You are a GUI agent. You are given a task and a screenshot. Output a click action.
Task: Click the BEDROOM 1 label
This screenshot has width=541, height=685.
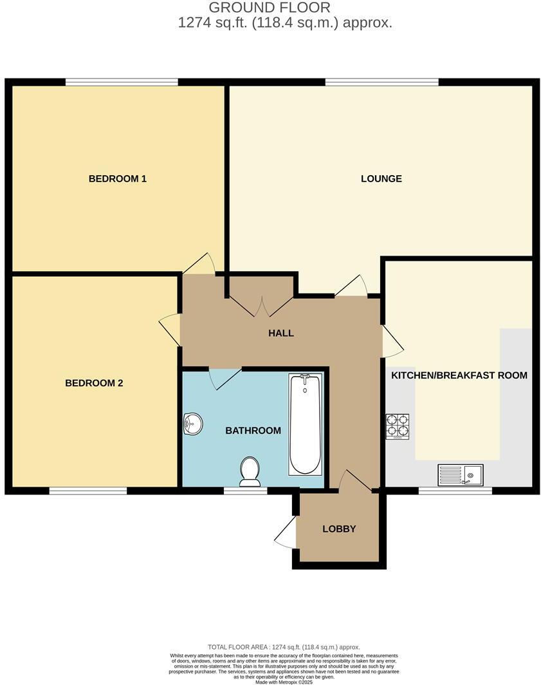coord(118,178)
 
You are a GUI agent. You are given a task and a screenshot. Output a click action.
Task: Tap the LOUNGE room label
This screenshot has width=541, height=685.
coord(381,178)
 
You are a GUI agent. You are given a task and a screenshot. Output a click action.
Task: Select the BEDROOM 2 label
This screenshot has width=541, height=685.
coord(94,383)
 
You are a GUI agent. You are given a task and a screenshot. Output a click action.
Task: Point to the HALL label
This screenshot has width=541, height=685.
coord(281,333)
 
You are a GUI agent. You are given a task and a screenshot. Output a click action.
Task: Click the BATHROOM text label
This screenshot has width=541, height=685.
coord(253,430)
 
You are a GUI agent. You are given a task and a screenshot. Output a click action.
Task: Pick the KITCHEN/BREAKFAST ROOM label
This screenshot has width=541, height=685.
coord(459,375)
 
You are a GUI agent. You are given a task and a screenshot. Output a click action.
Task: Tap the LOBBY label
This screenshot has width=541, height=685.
coord(339,529)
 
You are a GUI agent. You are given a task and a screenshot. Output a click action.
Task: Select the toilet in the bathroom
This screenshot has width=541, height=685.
coord(250,471)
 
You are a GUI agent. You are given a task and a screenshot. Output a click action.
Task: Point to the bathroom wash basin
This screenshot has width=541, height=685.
coord(192,424)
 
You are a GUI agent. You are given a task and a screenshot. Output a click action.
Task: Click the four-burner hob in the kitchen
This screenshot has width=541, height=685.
coord(398,426)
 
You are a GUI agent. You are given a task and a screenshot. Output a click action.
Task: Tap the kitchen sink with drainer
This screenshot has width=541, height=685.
coord(461,475)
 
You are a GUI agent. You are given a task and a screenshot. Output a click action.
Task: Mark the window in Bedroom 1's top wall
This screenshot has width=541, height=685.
coord(122,82)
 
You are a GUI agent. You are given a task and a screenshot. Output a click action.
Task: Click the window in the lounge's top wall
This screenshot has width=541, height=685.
coord(382,82)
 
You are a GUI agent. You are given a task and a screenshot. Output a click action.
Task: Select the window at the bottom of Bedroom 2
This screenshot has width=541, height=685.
coord(88,491)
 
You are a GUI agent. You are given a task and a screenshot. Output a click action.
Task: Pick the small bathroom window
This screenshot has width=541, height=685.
coord(246,491)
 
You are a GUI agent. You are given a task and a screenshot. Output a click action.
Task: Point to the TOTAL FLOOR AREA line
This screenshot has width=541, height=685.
coord(284,647)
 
